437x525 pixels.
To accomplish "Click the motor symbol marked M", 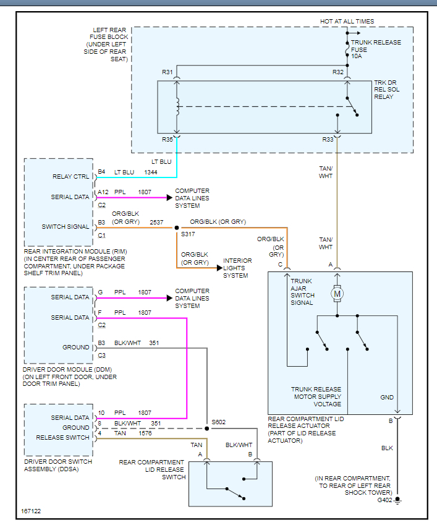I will (337, 293).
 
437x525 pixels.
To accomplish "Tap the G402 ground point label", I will (384, 500).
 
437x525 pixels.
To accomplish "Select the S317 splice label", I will (188, 235).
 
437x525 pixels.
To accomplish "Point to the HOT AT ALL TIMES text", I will (347, 22).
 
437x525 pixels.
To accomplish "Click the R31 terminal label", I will (168, 72).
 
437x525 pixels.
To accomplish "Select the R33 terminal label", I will (328, 140).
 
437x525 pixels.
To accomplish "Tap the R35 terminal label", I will (168, 140).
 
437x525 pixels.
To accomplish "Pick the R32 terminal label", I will (337, 72).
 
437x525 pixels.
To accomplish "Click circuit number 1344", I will (151, 172).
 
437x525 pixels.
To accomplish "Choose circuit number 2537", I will (156, 221).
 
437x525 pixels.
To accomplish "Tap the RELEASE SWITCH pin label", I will (64, 437).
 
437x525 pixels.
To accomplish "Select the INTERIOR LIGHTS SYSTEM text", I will (238, 268).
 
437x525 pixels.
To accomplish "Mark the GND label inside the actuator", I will (387, 398).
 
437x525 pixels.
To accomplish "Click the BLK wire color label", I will (387, 447).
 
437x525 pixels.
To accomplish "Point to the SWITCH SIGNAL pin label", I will (65, 226).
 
